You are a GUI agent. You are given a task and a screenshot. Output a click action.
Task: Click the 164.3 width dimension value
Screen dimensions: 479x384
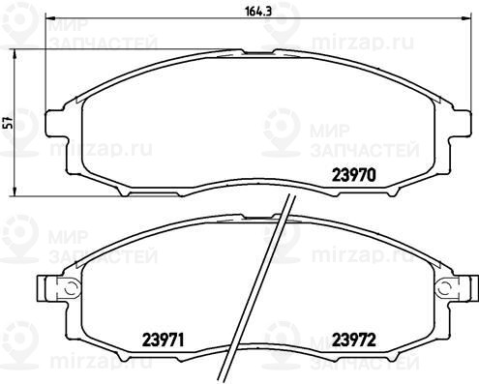coord(254,11)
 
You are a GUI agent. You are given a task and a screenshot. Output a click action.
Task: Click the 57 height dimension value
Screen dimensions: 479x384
coord(9,123)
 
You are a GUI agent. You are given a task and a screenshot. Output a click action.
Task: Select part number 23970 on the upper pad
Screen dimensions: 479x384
coord(354,175)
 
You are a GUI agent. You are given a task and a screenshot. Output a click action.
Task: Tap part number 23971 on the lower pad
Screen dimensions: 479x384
coord(163,340)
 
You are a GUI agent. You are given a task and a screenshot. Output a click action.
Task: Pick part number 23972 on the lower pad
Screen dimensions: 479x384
coord(354,340)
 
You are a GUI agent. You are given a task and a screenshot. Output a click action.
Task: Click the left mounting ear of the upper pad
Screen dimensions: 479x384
coord(56,123)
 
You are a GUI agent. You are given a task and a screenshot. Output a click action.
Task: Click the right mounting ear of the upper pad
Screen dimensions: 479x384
coord(460,123)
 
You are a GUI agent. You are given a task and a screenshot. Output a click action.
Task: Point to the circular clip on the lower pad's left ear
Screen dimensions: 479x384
coord(71,286)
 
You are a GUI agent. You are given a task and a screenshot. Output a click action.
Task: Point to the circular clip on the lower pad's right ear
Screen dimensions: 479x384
coord(444,286)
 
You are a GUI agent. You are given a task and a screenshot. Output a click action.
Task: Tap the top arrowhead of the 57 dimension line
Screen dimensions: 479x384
coord(15,53)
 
